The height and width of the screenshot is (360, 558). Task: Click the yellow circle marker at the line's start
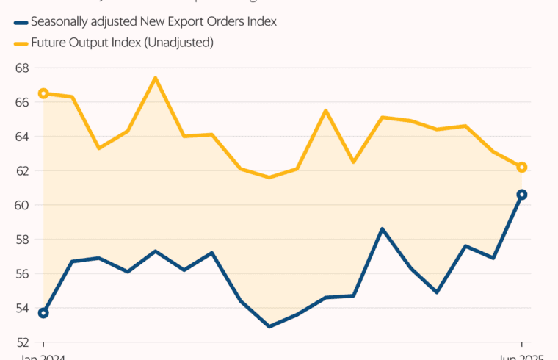(x=43, y=93)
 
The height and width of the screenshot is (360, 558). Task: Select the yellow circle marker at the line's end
(x=522, y=168)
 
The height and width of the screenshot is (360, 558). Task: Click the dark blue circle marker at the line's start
(x=43, y=313)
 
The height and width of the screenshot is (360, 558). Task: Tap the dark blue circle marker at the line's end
(x=522, y=195)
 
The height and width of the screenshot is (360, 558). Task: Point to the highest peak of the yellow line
(x=155, y=78)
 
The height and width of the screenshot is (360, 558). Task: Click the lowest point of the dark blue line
(x=269, y=326)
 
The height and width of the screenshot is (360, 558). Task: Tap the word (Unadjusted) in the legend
(x=178, y=43)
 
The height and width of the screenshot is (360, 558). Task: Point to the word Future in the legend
(x=48, y=43)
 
